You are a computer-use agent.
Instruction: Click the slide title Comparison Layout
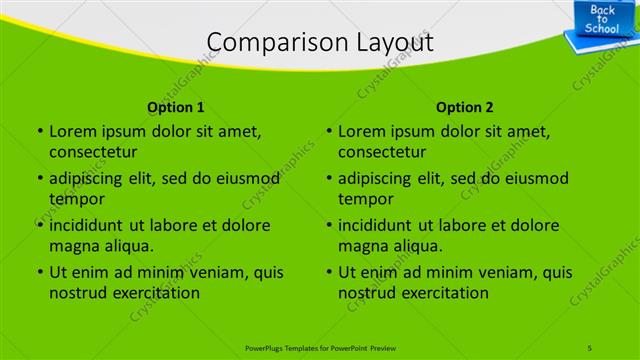coord(320,42)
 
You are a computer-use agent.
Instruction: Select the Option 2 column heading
coord(465,107)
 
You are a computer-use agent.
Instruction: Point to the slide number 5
coord(590,346)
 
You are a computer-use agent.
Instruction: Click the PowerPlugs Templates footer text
coord(320,346)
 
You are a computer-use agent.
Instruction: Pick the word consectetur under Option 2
coord(382,152)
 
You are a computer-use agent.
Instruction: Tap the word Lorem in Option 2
coord(361,131)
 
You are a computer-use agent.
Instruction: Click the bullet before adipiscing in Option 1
coord(39,179)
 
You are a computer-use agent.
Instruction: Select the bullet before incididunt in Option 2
coord(329,226)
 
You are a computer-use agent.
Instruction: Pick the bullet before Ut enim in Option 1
coord(39,273)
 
